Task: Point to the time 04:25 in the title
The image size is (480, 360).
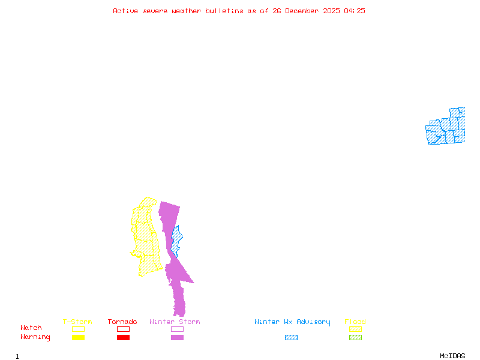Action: pyautogui.click(x=354, y=11)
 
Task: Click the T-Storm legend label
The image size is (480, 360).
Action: pyautogui.click(x=77, y=322)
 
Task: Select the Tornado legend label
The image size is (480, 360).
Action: pyautogui.click(x=122, y=322)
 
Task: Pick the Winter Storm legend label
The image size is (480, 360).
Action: pyautogui.click(x=175, y=322)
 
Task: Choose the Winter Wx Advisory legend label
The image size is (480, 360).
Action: pyautogui.click(x=292, y=322)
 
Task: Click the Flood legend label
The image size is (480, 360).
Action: pyautogui.click(x=355, y=322)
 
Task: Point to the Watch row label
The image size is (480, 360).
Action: pyautogui.click(x=31, y=328)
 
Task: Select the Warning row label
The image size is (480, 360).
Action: pyautogui.click(x=35, y=337)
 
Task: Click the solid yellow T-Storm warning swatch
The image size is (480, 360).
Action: pyautogui.click(x=78, y=338)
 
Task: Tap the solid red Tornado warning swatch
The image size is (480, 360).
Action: pyautogui.click(x=123, y=338)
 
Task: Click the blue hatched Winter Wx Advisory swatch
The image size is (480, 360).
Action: pyautogui.click(x=291, y=338)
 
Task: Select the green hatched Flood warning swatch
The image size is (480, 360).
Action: pyautogui.click(x=355, y=338)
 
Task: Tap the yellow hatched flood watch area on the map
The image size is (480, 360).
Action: pyautogui.click(x=147, y=240)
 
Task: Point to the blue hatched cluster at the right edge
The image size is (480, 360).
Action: pyautogui.click(x=447, y=127)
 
